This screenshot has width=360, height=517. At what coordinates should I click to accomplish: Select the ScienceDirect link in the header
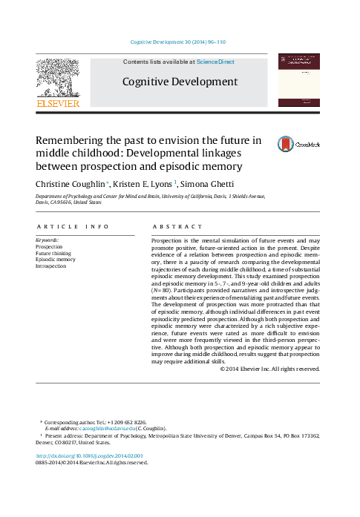coord(215,62)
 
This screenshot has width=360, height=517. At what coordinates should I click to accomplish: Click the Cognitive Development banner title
coord(180,82)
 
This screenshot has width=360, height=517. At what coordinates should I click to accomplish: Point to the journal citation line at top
coord(178,43)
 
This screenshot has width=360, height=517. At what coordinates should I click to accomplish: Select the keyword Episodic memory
coord(56,260)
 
